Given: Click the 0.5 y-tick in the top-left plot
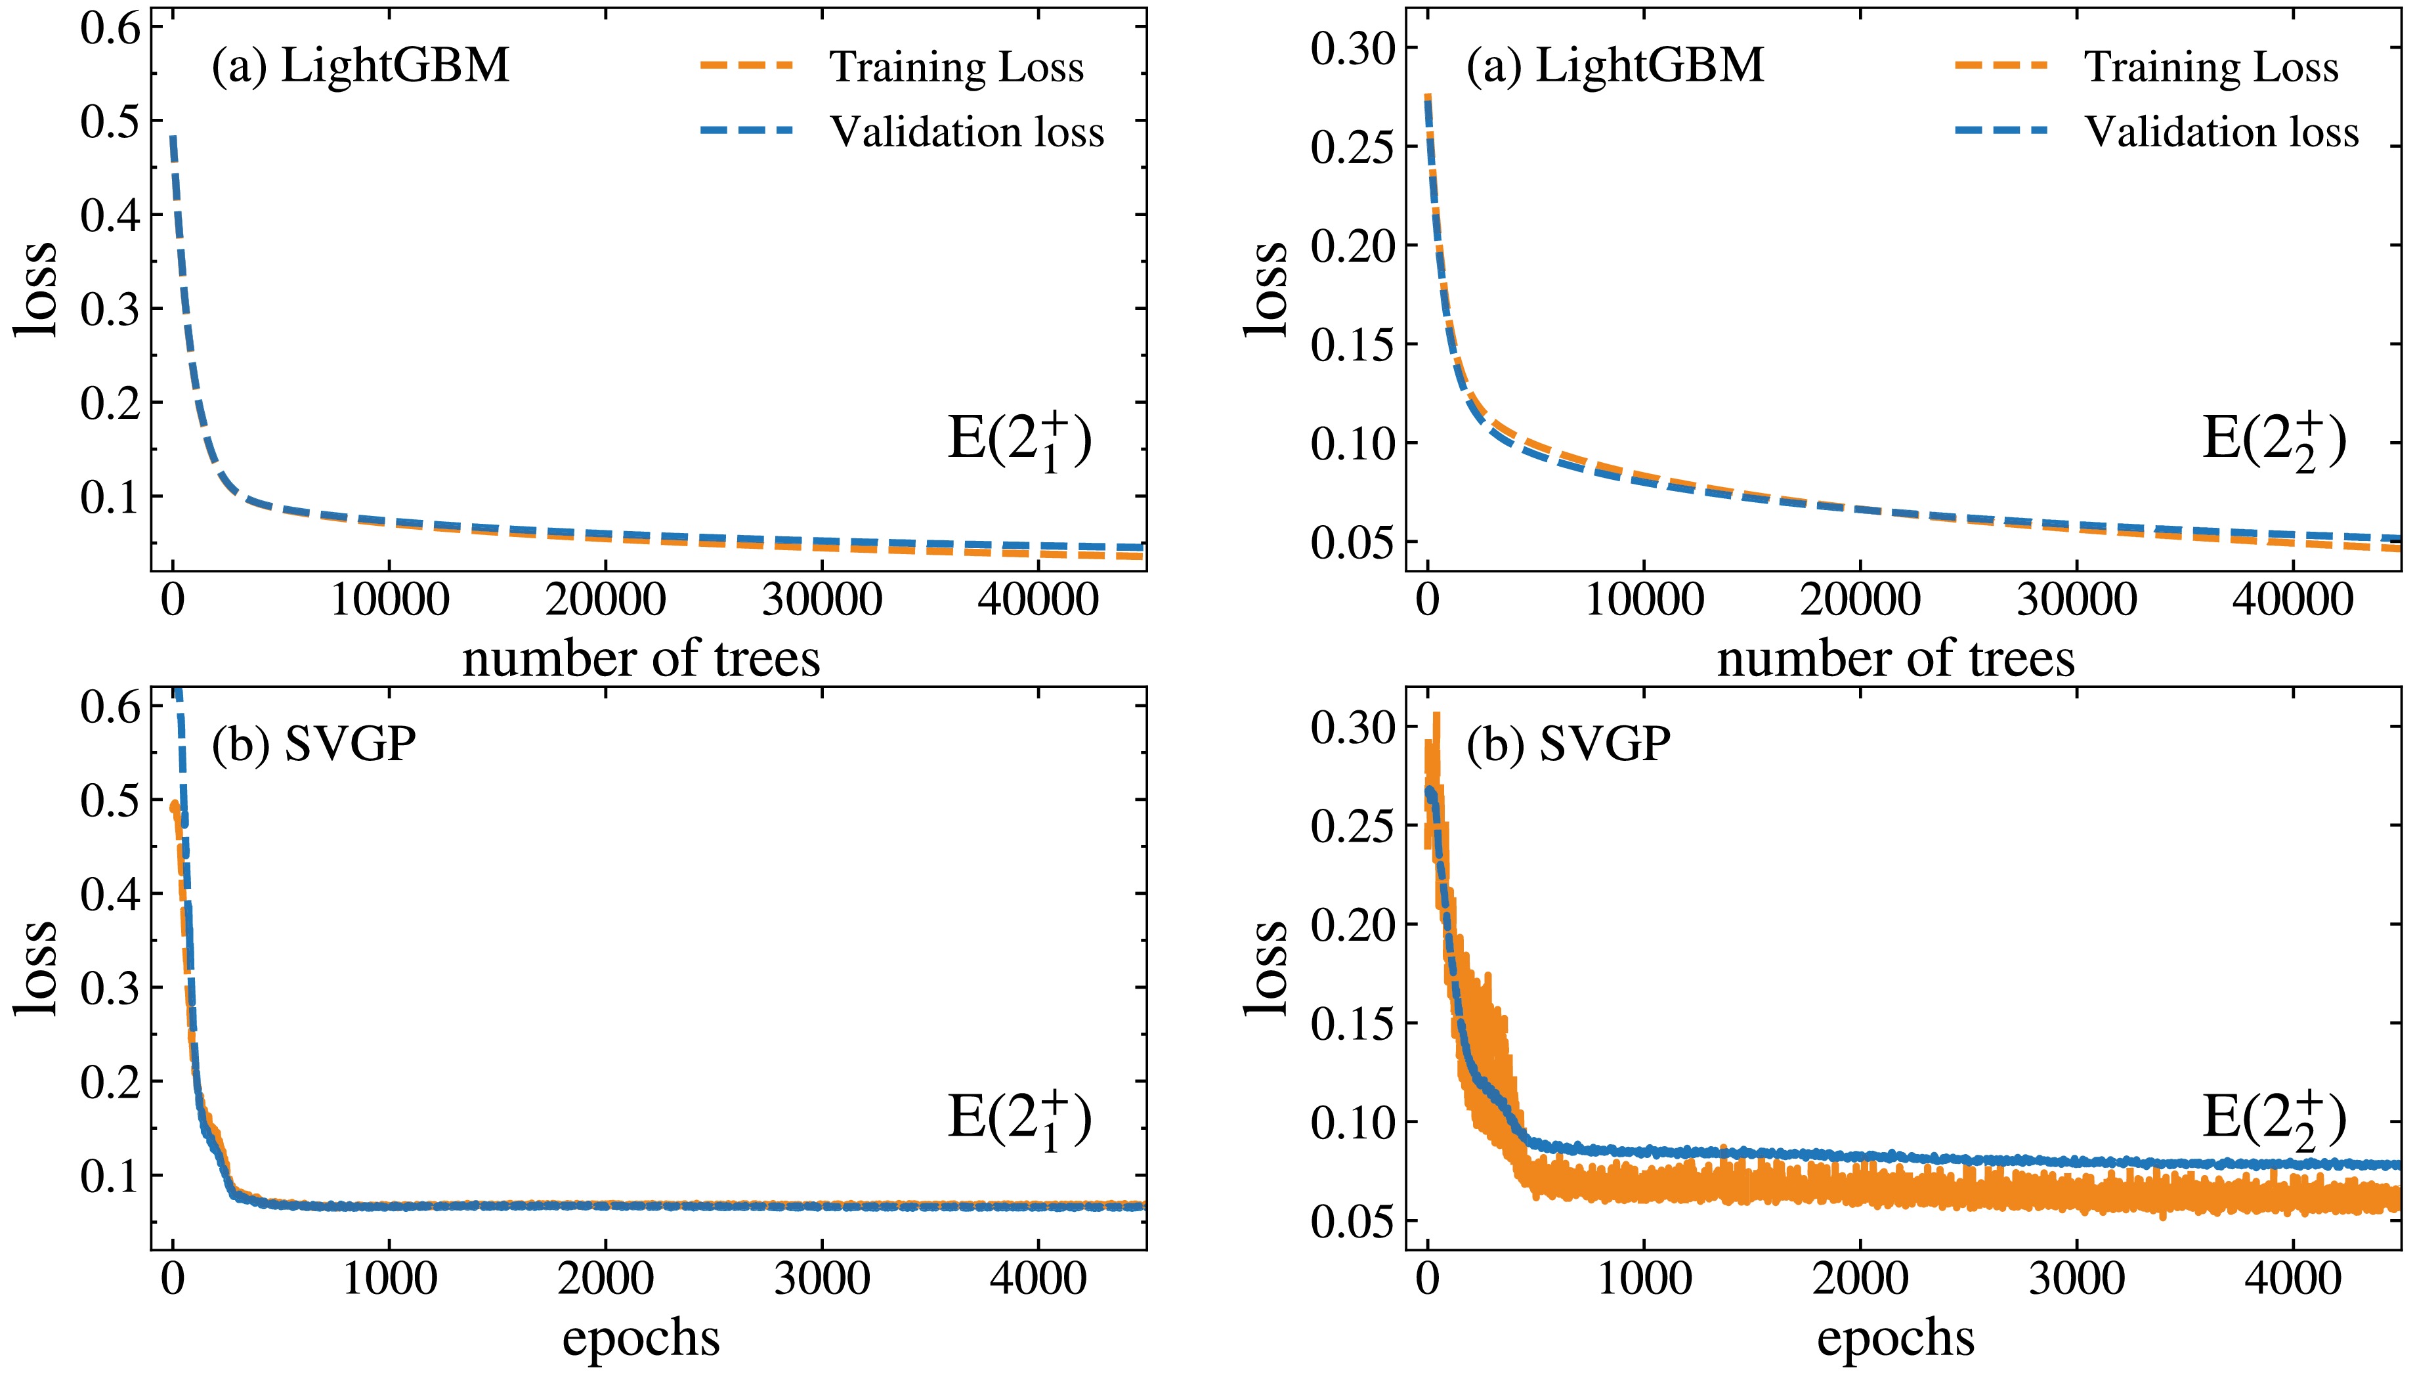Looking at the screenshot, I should [x=110, y=121].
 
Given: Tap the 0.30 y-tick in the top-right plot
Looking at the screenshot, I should [x=1352, y=48].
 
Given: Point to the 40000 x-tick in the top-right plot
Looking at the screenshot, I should [x=2292, y=600].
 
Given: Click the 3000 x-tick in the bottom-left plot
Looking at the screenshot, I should [x=822, y=1279].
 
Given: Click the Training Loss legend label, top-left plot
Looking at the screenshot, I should [x=956, y=67].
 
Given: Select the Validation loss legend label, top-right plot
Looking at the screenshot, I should [x=2221, y=132].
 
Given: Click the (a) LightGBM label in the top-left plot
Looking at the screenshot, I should [x=360, y=66].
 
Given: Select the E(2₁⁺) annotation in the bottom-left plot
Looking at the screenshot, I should [x=1019, y=1119].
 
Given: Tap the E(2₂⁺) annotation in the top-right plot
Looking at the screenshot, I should [x=2273, y=440].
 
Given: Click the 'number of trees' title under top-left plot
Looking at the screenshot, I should [x=641, y=658].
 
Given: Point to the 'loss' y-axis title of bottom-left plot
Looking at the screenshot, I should [x=36, y=968].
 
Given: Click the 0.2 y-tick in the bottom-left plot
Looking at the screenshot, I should [x=110, y=1081].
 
